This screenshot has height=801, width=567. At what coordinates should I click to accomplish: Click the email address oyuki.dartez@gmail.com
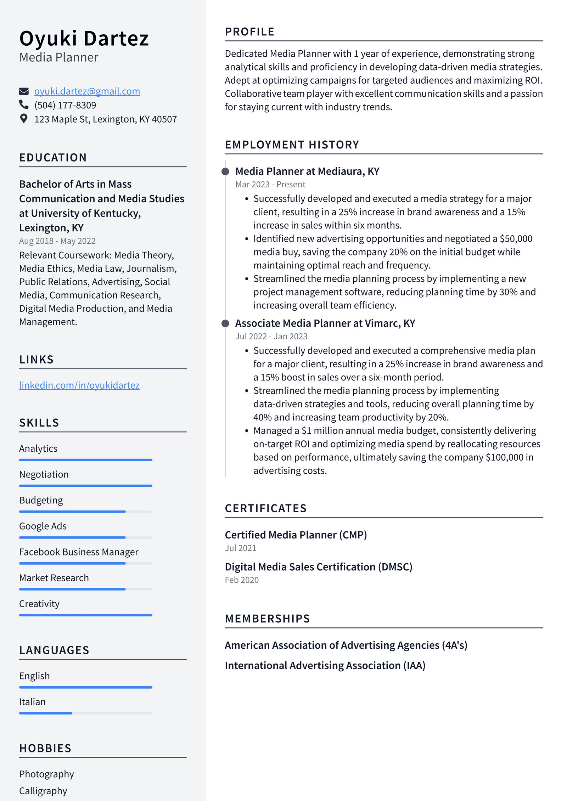click(87, 91)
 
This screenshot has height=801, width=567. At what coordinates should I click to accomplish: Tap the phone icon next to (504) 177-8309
click(23, 105)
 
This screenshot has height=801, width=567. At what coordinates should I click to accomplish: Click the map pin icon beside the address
click(23, 119)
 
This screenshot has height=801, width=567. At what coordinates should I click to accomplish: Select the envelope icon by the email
click(23, 91)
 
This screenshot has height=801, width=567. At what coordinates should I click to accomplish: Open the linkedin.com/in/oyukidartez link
click(79, 385)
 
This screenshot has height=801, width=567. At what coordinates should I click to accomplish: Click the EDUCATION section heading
click(53, 158)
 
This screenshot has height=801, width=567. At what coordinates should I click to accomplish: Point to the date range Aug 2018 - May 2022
click(57, 241)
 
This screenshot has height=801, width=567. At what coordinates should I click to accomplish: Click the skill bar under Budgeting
click(85, 512)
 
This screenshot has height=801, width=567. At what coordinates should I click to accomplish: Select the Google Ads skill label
click(43, 526)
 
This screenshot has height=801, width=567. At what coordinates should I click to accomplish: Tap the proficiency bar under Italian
click(85, 713)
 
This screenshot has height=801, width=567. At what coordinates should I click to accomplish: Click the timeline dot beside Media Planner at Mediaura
click(225, 171)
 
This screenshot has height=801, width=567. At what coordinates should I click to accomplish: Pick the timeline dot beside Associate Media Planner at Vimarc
click(225, 323)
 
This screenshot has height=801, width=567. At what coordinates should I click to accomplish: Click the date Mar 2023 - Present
click(270, 185)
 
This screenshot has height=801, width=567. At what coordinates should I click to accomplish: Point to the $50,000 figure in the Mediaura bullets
click(516, 239)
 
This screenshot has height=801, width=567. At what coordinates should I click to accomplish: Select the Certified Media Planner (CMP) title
click(296, 535)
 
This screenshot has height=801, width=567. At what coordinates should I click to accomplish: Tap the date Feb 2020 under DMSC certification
click(241, 580)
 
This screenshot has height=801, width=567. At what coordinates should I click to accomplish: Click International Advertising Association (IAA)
click(325, 666)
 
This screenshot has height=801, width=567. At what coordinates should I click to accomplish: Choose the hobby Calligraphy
click(43, 791)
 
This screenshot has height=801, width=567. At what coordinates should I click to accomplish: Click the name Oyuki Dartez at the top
click(84, 38)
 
